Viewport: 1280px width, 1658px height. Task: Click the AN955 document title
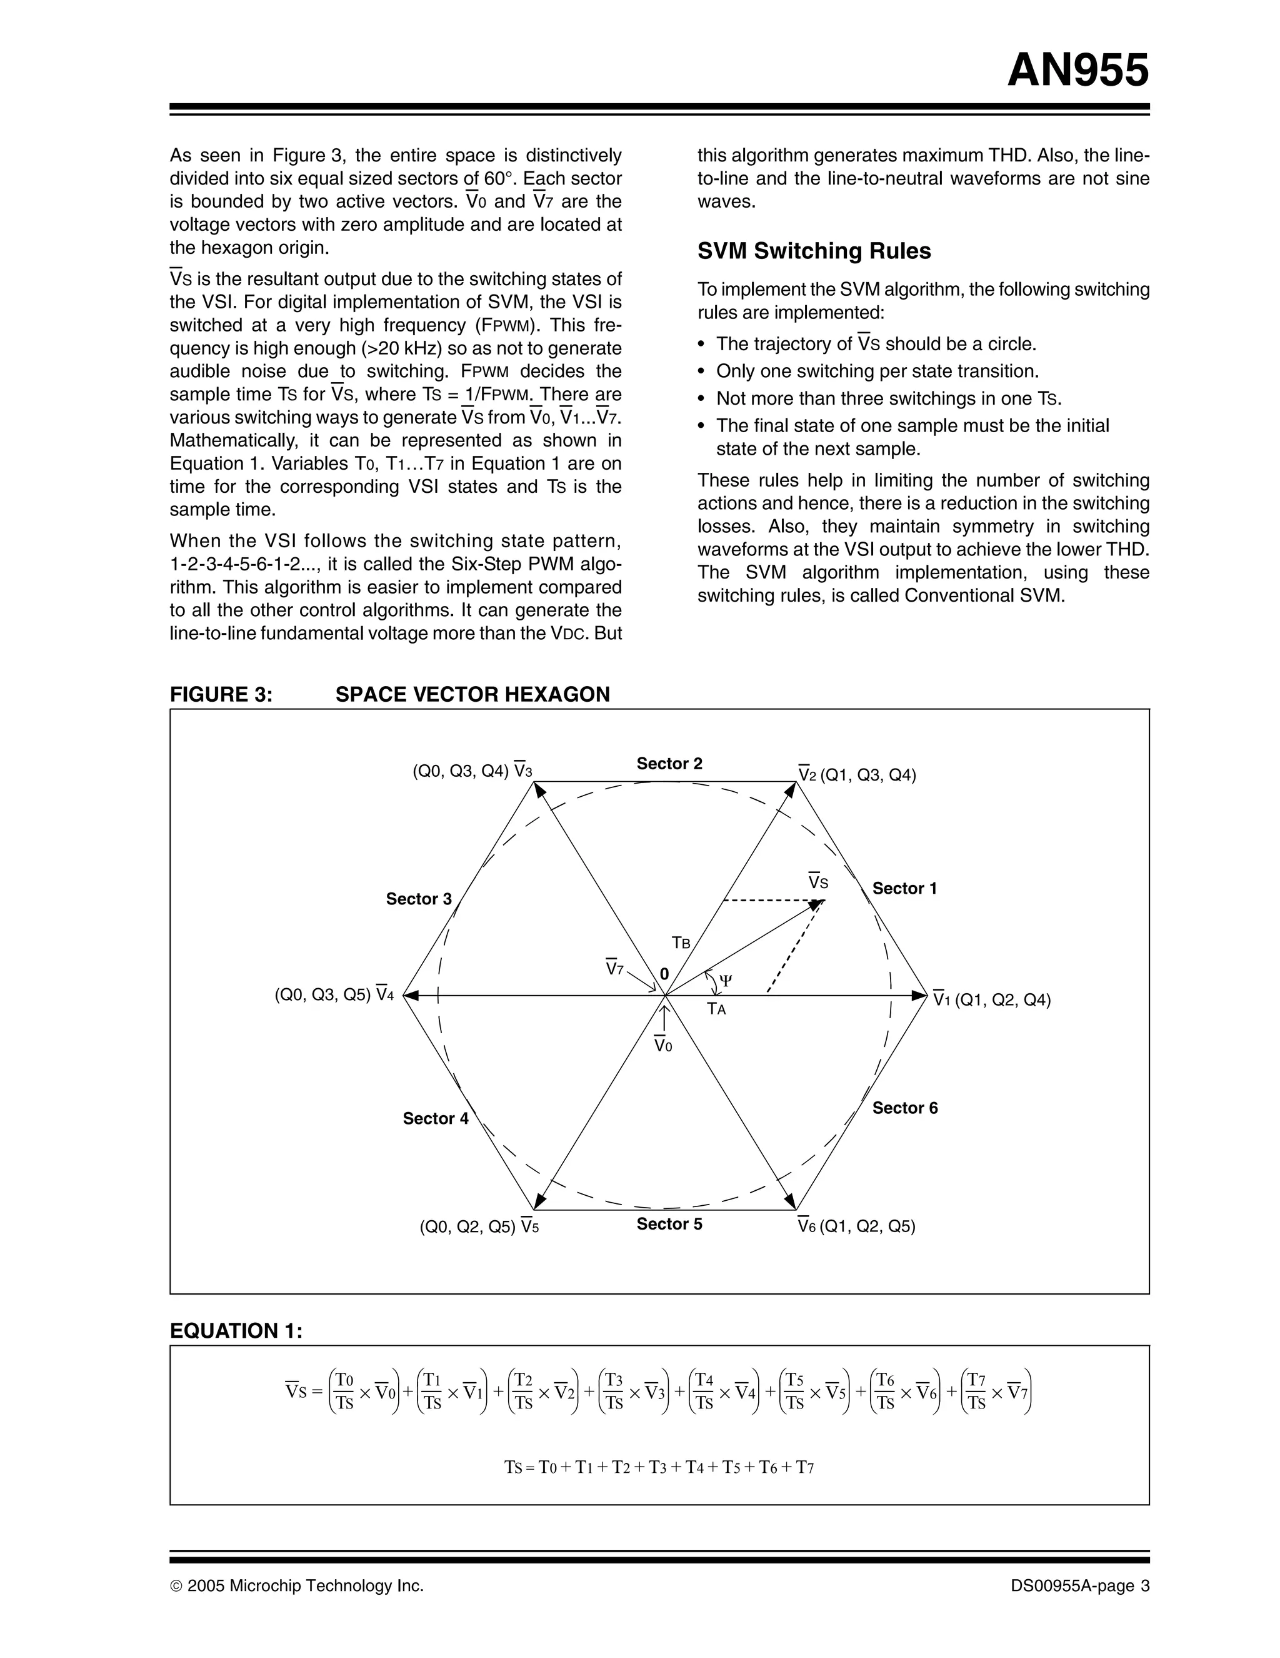coord(1077,71)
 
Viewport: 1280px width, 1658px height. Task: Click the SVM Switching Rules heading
coord(813,251)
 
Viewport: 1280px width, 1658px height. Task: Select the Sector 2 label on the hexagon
coord(669,764)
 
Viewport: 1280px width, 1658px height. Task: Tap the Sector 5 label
coord(669,1224)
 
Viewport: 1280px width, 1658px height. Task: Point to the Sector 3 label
coord(418,899)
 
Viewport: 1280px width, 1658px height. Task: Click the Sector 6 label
coord(904,1108)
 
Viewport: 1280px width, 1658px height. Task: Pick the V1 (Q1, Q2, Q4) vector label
coord(991,1000)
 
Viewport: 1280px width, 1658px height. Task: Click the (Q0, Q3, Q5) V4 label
coord(334,994)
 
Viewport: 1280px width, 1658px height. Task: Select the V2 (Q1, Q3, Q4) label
coord(857,775)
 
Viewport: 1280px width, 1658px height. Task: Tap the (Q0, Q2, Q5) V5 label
coord(479,1226)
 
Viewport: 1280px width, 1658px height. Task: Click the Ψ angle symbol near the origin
coord(726,980)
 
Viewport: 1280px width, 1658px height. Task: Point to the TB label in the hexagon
coord(681,944)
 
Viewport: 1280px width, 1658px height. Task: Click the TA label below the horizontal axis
coord(716,1009)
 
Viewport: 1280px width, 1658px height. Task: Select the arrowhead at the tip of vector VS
coord(818,903)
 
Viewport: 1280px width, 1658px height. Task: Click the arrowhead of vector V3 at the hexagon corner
coord(539,789)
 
